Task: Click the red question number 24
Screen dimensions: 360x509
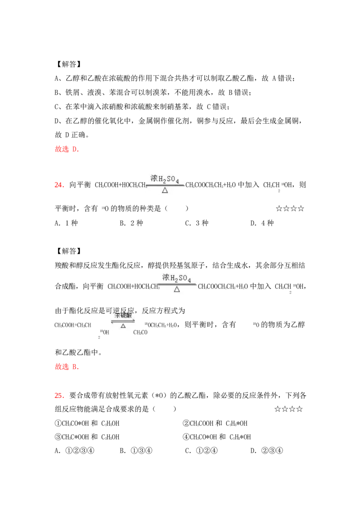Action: tap(59, 185)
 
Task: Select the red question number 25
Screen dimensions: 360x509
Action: tap(59, 396)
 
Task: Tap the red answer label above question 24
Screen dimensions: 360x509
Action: tap(66, 149)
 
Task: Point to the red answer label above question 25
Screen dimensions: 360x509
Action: tap(66, 367)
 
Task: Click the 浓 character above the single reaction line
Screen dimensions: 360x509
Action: tap(154, 179)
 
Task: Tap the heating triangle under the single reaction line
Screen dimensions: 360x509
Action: tap(165, 190)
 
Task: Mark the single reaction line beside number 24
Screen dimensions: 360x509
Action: tap(165, 185)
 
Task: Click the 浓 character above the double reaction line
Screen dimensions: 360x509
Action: tap(165, 277)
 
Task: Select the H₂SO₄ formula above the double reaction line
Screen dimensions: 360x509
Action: tap(180, 278)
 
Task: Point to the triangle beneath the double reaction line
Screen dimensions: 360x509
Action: tap(177, 289)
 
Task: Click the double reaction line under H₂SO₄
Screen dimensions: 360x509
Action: tap(176, 284)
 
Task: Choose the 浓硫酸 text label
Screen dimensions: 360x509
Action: tap(123, 315)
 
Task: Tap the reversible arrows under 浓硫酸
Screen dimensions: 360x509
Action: tap(123, 321)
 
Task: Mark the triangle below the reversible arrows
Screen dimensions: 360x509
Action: tap(123, 326)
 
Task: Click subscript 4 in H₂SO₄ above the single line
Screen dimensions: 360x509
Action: tap(178, 181)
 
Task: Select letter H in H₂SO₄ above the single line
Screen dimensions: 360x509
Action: tap(161, 179)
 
